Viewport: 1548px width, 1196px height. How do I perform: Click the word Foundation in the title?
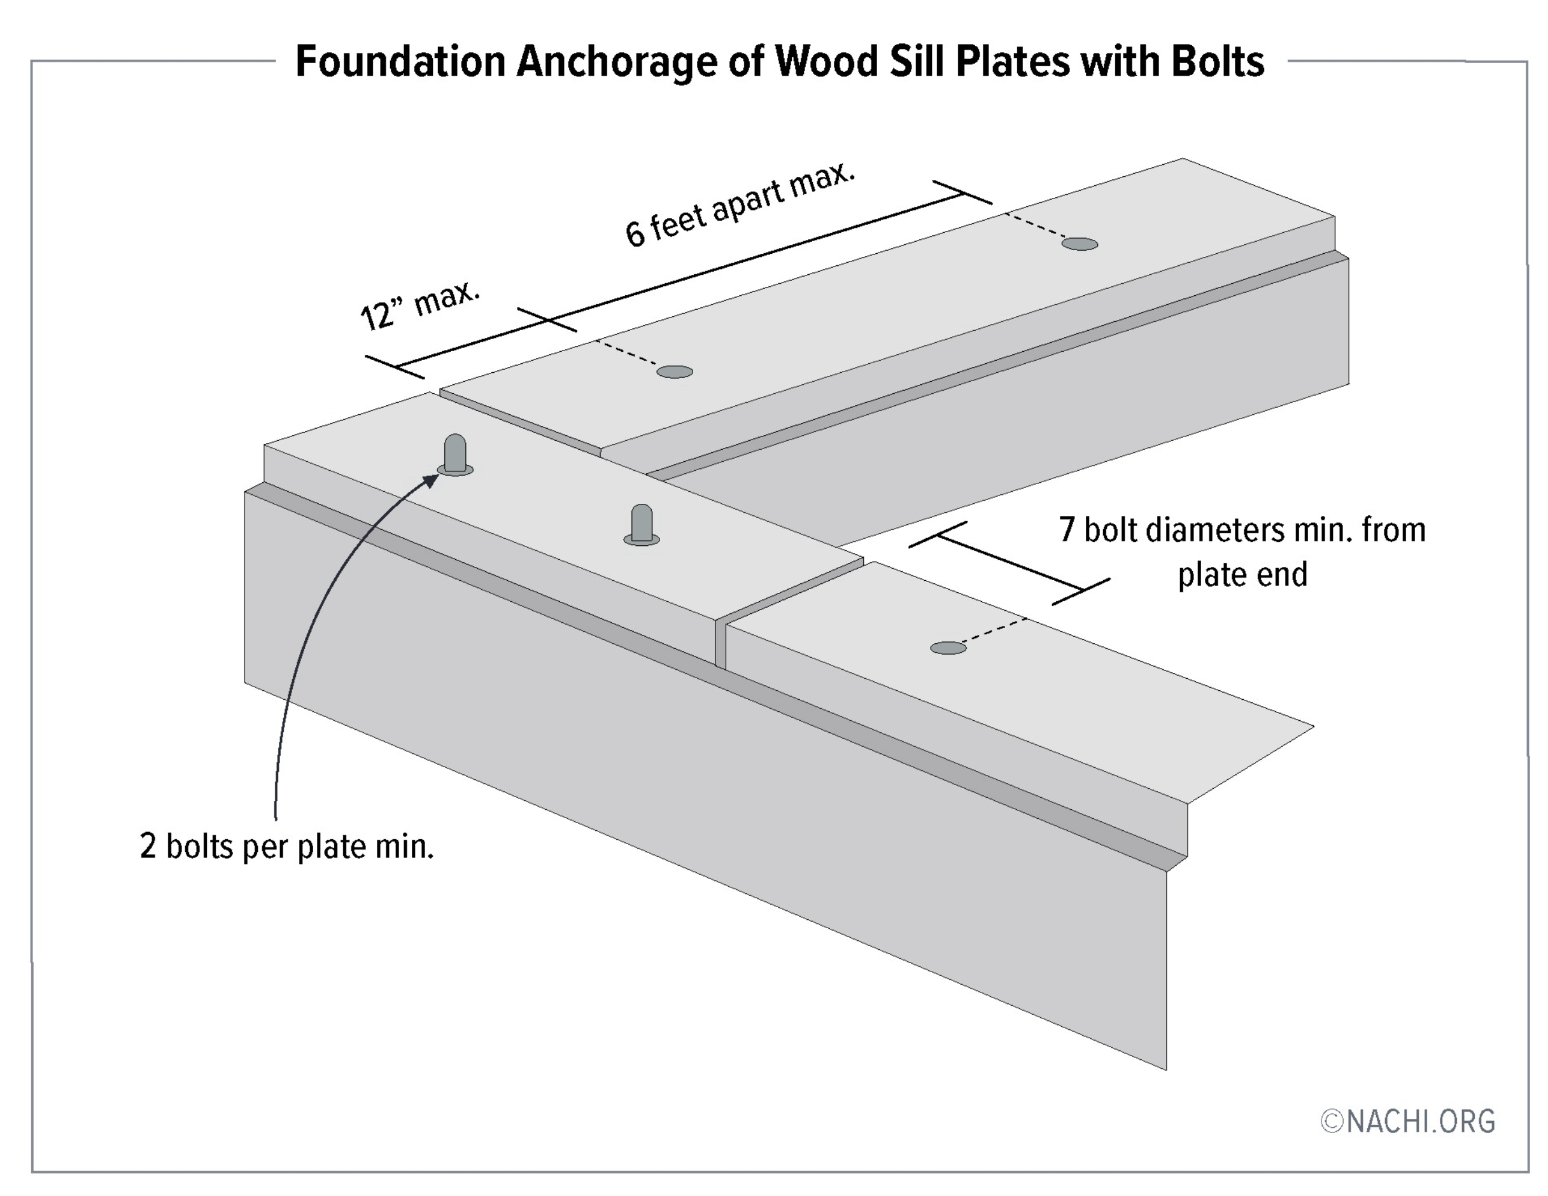(x=400, y=62)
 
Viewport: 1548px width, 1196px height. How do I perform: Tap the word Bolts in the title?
(x=1217, y=62)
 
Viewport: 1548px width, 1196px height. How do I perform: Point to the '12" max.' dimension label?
(x=419, y=305)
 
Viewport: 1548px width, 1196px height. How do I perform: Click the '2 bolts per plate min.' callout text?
(x=286, y=847)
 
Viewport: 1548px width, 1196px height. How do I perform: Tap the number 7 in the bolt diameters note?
(x=1067, y=530)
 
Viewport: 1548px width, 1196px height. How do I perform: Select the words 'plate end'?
(x=1242, y=574)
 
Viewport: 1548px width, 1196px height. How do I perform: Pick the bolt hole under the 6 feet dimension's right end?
(x=1080, y=244)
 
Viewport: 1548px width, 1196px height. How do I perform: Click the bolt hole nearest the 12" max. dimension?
(x=675, y=372)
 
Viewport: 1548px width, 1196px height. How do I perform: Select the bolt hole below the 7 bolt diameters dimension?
(x=948, y=648)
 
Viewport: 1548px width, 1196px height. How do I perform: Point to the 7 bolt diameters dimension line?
(x=1010, y=563)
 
